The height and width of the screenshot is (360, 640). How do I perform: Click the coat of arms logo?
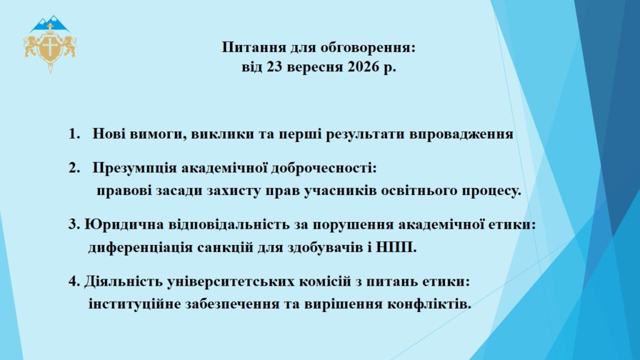50,44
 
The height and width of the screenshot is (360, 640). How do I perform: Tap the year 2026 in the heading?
363,66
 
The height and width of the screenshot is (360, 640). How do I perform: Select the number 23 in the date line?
275,66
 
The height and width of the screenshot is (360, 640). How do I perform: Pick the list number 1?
74,134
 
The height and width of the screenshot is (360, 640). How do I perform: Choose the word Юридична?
124,224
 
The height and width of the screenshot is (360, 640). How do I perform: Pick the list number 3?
74,224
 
